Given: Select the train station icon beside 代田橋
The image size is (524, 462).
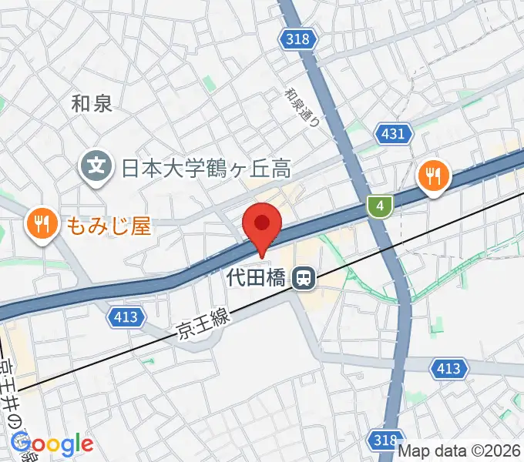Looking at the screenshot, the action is [x=306, y=278].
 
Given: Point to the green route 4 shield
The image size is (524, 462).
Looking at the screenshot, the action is [x=379, y=206].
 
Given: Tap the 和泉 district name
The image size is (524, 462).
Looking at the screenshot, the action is [x=92, y=103].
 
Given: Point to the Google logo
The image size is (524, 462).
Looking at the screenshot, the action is [x=52, y=444].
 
